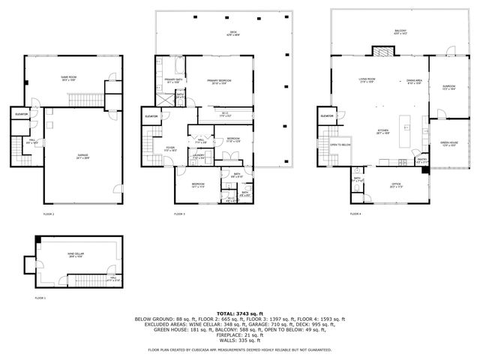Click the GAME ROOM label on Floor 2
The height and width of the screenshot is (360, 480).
click(69, 78)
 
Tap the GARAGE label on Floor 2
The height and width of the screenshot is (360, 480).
click(82, 156)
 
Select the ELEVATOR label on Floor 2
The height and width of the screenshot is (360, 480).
click(22, 114)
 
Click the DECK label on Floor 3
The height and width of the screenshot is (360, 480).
click(234, 33)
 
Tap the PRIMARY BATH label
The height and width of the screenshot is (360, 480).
click(172, 80)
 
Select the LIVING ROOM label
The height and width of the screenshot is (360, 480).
click(367, 79)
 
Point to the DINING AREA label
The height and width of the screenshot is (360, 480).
click(413, 79)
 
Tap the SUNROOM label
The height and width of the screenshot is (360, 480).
click(448, 86)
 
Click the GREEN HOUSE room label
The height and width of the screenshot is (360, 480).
click(448, 145)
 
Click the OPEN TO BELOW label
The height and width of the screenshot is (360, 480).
click(340, 145)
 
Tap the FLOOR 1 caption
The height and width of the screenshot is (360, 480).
click(40, 298)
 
